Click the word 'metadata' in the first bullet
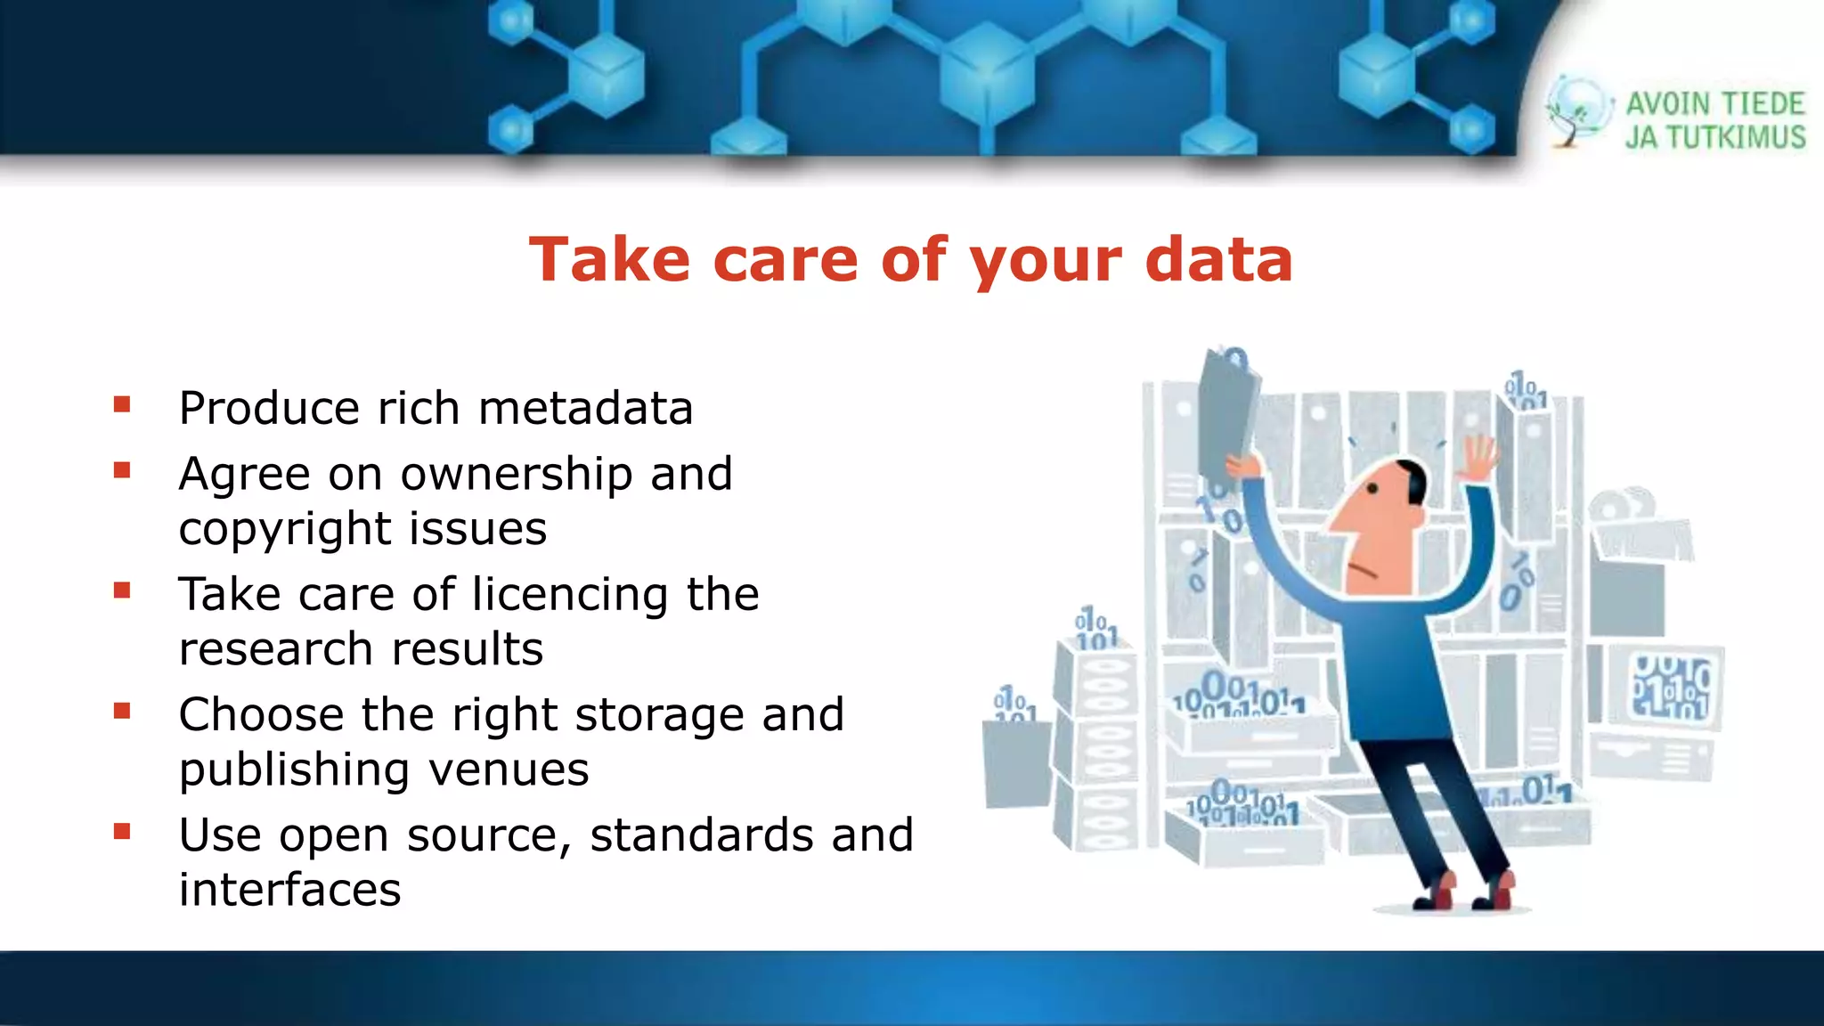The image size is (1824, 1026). [x=585, y=408]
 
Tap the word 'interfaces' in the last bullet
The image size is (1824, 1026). [x=289, y=889]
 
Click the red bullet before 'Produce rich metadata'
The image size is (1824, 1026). [x=122, y=405]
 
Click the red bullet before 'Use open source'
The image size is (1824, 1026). [x=122, y=832]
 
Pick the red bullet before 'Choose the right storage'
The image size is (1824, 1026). [x=122, y=711]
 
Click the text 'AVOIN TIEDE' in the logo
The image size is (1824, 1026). [x=1714, y=104]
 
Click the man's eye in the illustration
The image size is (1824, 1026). [x=1373, y=489]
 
